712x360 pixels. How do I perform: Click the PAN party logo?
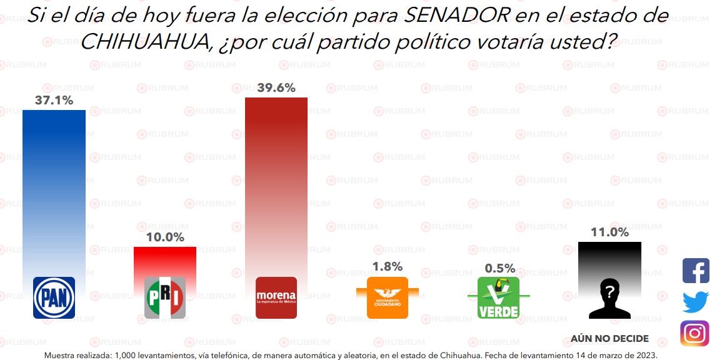point(54,297)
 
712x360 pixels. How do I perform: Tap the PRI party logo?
point(165,297)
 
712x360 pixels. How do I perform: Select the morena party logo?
point(276,297)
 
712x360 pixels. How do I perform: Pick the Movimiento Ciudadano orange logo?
point(388,297)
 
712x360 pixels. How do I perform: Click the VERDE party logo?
point(498,297)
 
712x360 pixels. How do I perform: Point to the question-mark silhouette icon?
point(609,297)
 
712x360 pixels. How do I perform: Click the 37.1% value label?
point(54,100)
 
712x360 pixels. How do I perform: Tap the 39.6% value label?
point(276,88)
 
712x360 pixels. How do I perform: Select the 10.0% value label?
point(165,237)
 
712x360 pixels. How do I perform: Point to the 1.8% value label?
point(388,267)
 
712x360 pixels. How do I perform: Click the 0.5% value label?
point(500,269)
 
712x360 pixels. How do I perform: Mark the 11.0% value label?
point(609,232)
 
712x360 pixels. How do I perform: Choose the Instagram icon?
point(695,333)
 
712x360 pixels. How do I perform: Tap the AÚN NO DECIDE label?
point(609,339)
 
